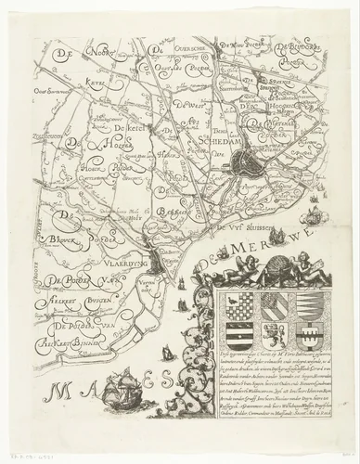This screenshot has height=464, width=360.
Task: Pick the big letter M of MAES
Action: point(65,381)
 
